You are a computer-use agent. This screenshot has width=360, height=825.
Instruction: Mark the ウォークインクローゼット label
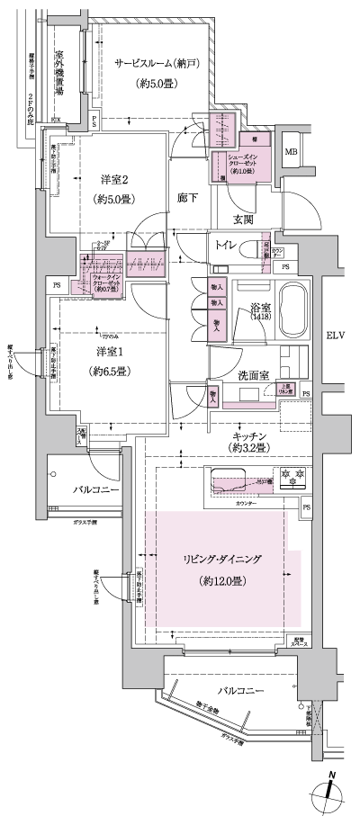[102, 279]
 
